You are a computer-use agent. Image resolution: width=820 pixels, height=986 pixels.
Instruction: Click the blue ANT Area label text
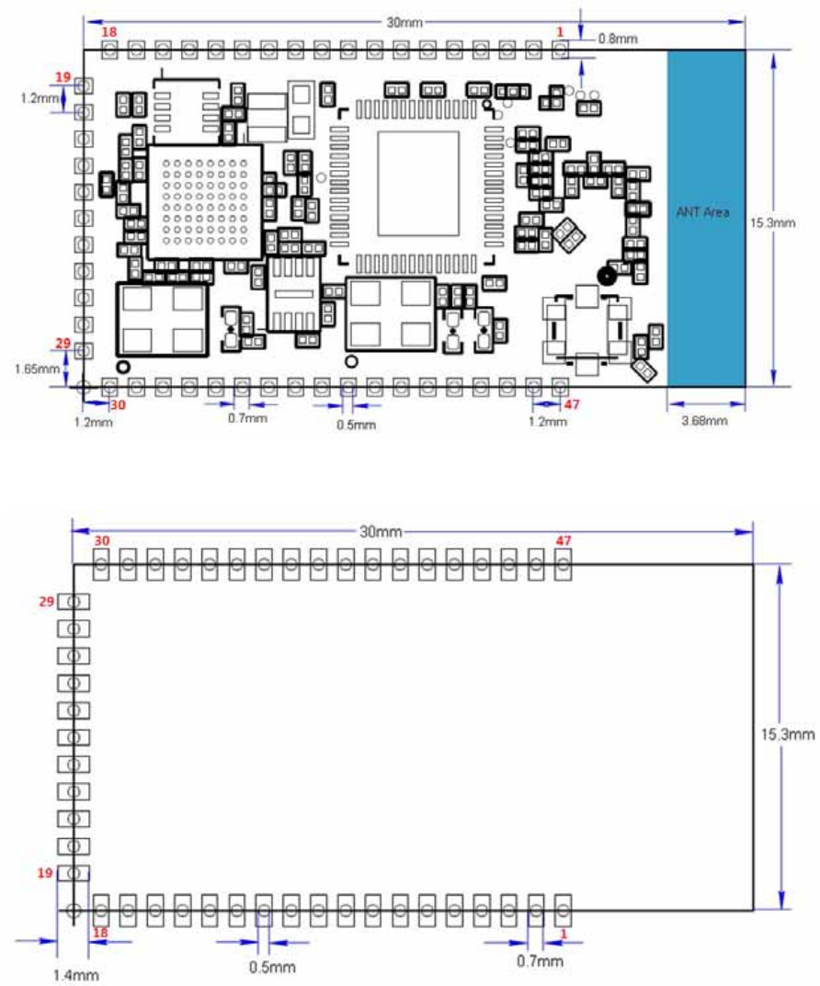click(x=702, y=212)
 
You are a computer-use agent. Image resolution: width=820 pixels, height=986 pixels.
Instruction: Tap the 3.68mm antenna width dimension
click(x=704, y=420)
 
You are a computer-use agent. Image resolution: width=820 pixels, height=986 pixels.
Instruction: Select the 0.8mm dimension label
click(x=618, y=39)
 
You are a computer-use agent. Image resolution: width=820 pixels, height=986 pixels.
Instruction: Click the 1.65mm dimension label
click(x=37, y=368)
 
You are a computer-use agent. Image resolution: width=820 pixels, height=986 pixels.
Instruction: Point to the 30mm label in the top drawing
click(x=404, y=23)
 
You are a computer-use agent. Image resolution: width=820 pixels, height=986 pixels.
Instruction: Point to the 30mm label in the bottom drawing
click(x=381, y=531)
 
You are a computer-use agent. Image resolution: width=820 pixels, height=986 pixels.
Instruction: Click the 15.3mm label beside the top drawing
click(x=772, y=222)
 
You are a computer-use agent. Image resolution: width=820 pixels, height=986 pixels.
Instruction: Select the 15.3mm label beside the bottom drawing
click(x=787, y=734)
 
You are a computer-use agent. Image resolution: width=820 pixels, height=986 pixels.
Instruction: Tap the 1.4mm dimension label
click(x=75, y=975)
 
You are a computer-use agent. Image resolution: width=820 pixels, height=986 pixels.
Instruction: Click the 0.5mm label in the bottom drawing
click(x=272, y=967)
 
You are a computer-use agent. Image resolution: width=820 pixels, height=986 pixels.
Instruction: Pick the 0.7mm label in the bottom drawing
click(x=540, y=960)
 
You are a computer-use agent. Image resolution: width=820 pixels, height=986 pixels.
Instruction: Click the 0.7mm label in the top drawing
click(x=247, y=418)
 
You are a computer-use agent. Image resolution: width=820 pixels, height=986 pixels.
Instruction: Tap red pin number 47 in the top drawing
click(x=572, y=403)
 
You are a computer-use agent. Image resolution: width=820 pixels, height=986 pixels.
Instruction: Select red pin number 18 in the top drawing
click(x=108, y=32)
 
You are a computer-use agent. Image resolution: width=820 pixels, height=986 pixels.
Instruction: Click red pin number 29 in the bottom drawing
click(x=47, y=601)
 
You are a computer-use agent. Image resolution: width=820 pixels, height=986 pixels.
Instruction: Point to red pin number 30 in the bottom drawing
click(x=102, y=541)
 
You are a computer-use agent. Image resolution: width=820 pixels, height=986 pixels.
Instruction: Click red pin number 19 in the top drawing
click(x=63, y=77)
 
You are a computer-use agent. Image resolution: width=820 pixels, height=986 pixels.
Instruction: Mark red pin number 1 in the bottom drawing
click(x=564, y=934)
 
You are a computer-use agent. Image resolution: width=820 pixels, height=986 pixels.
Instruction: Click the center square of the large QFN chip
click(x=418, y=184)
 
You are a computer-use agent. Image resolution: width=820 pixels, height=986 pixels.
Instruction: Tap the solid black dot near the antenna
click(x=606, y=276)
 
